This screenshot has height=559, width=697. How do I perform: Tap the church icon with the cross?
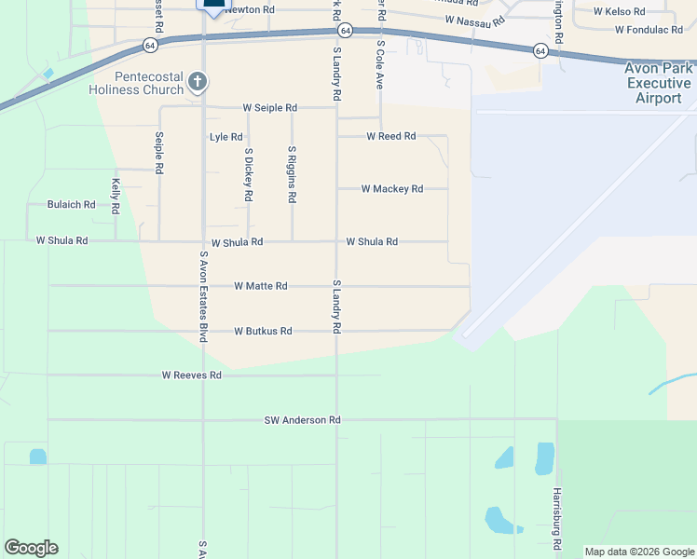coord(197,82)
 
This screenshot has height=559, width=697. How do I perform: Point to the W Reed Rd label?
coord(391,136)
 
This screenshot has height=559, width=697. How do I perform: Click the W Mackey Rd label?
coord(392,189)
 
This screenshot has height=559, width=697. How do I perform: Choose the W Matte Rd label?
coord(260,286)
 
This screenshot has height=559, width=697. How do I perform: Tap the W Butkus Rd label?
coord(263,331)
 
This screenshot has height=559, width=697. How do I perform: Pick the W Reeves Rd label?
coord(191,375)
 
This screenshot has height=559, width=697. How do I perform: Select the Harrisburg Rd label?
coord(557,511)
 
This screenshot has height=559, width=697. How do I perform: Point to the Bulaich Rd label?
coord(72,205)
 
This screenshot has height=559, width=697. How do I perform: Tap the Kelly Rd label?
coord(116,197)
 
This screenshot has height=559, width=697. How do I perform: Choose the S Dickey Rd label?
coord(249,174)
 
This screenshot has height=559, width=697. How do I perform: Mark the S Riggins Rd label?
coord(293,174)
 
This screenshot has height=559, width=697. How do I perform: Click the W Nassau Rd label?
coord(474,20)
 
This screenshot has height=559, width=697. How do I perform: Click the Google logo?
coord(31,548)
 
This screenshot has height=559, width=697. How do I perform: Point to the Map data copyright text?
coord(638,552)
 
